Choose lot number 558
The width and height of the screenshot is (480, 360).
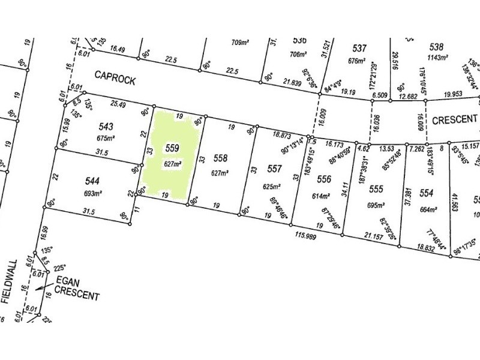coord(221,158)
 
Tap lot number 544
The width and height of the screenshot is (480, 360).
coord(92,180)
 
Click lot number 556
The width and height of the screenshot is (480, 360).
coord(324,179)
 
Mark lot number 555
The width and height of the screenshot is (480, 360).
coord(376,188)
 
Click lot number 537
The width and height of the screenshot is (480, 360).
coord(359,48)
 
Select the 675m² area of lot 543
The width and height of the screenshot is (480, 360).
coord(105,137)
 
